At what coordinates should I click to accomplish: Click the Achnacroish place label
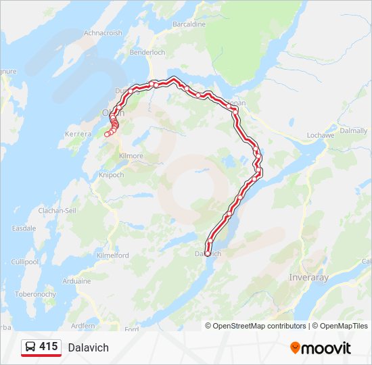tap(103, 32)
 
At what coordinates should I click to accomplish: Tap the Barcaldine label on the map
tap(189, 24)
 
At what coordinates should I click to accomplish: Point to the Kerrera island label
tap(78, 135)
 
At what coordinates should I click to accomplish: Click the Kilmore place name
tap(131, 156)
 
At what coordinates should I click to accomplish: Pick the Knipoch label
tap(111, 174)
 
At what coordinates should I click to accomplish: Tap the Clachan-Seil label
tap(57, 211)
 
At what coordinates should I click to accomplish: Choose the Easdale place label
tap(24, 228)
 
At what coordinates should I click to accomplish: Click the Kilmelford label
tap(112, 257)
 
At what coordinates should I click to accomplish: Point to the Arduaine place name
tap(76, 281)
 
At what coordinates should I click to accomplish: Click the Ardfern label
tap(83, 326)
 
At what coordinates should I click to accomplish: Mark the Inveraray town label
tap(308, 277)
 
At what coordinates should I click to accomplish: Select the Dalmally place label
tap(353, 130)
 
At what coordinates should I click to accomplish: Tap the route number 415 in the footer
tap(48, 347)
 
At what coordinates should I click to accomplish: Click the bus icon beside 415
tap(30, 347)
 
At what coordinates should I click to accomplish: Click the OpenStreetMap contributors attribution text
tap(260, 326)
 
